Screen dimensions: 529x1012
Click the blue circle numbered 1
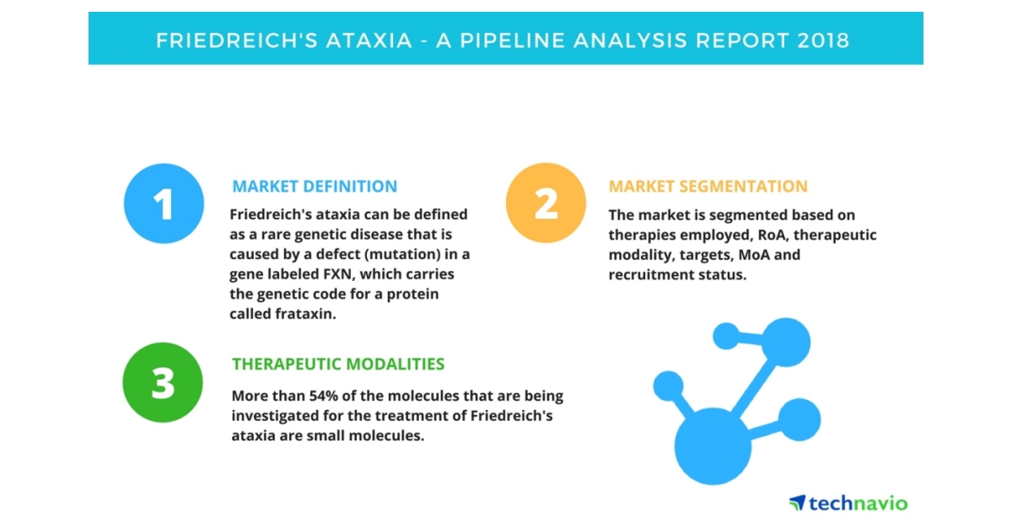164,203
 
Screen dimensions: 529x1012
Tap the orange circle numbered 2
546,203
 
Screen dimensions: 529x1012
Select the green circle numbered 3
163,382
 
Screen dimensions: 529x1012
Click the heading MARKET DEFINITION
315,186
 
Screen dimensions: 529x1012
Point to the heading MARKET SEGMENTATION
708,186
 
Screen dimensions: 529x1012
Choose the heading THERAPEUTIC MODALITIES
338,364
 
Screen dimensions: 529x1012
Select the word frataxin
309,314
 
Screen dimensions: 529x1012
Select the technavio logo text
858,504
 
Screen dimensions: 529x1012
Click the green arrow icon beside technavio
797,503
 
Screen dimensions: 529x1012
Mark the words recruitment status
677,276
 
